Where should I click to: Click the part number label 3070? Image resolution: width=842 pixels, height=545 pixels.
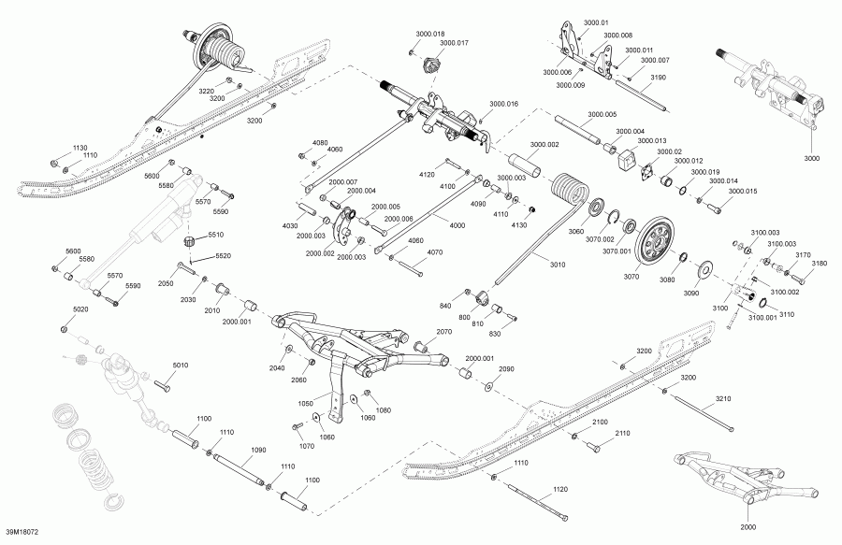pos(631,277)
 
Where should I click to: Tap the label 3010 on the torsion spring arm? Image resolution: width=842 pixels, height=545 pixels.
pos(558,265)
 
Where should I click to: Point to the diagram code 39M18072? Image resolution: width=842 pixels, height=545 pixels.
pos(22,532)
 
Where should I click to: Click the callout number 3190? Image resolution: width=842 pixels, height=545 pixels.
pos(658,78)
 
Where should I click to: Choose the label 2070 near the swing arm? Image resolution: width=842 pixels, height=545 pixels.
pos(443,332)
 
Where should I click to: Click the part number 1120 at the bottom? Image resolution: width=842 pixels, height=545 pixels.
pos(559,489)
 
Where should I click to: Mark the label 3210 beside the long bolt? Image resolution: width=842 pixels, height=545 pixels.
pos(723,398)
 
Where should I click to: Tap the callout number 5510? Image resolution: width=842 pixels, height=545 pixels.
pos(216,235)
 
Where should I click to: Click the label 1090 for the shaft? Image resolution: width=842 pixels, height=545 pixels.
pos(259,450)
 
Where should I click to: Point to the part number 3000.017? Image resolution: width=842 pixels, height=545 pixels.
pos(454,42)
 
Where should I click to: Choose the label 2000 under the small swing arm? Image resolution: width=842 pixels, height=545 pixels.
pos(748,526)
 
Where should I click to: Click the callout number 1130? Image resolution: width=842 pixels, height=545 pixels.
pos(80,148)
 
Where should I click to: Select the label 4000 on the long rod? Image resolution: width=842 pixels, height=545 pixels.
pos(457,225)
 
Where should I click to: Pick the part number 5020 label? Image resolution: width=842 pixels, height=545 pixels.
pos(80,309)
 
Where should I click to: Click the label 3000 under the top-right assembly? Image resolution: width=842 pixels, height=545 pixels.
pos(811,158)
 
